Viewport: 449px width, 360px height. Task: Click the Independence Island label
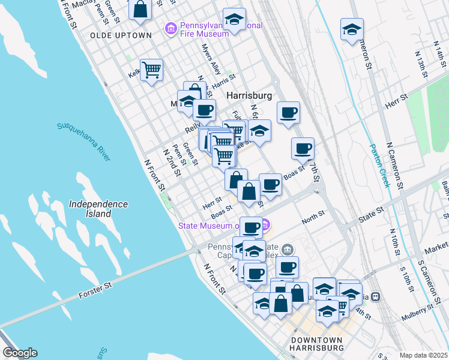98,208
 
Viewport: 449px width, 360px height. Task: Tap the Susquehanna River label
84,142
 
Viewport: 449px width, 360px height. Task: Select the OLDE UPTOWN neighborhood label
121,35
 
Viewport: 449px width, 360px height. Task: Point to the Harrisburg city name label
249,95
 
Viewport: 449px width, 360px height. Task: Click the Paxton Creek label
380,164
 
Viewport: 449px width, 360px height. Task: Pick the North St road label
313,217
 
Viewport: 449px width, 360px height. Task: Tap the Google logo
20,353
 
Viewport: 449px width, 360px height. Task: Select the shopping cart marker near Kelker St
152,70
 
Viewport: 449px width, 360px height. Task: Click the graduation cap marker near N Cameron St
352,29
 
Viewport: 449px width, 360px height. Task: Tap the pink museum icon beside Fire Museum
171,28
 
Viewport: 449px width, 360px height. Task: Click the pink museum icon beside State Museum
266,226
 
